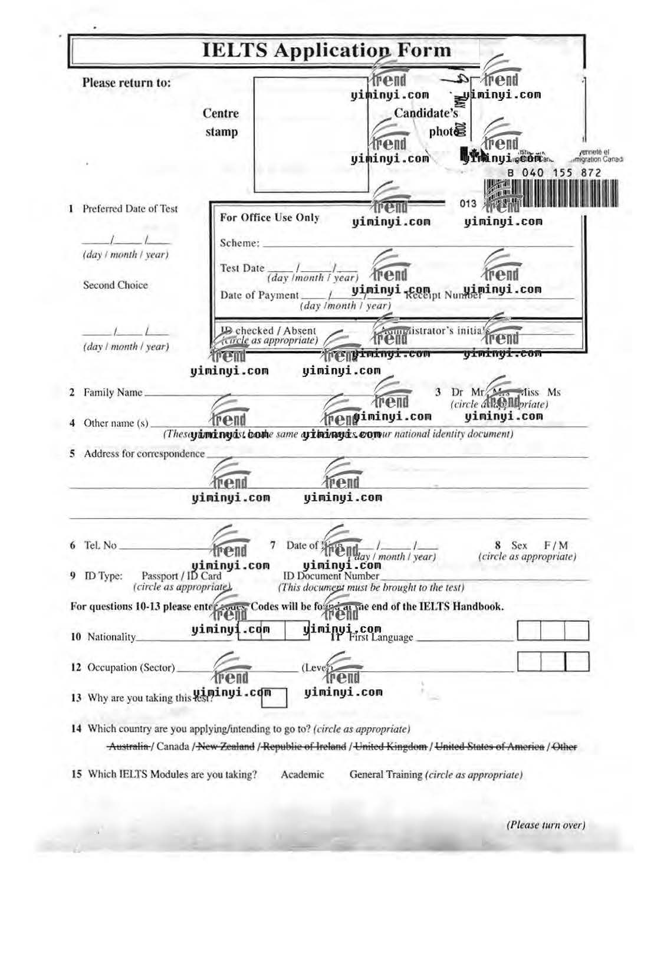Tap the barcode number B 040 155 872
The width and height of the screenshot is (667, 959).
(554, 172)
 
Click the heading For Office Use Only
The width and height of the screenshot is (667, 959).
(270, 217)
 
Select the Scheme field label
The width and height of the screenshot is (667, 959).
(239, 243)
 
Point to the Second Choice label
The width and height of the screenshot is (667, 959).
(115, 285)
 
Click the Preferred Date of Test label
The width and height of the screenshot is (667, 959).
(130, 209)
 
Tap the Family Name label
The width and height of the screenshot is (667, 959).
(113, 392)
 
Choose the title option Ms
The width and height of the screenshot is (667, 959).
(554, 392)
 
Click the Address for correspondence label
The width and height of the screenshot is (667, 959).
(144, 454)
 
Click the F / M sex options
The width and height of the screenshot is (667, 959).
(556, 546)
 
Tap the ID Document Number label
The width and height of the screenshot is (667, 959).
(331, 576)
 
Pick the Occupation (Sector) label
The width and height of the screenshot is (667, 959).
(131, 668)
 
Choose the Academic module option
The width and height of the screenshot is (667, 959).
(302, 774)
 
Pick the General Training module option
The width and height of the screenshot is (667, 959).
(386, 774)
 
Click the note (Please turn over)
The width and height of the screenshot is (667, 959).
(546, 825)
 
